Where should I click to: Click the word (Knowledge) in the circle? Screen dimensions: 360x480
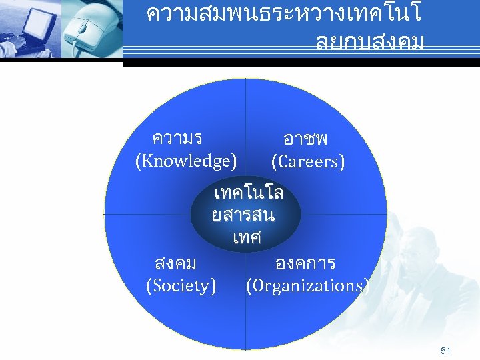(185, 161)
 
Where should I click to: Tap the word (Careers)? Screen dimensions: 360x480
(308, 161)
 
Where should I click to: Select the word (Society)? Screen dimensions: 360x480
(181, 286)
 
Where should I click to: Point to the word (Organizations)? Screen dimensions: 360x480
(307, 286)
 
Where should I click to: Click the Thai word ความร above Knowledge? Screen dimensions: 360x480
(177, 139)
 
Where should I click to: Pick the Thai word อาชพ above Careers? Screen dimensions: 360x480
(305, 139)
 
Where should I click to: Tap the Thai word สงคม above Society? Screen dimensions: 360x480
(175, 263)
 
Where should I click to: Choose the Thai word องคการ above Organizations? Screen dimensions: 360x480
(305, 263)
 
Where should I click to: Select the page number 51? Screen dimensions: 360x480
(446, 350)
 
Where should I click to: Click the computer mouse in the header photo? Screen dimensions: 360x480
(83, 29)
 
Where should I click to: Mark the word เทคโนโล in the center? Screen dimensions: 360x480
(249, 194)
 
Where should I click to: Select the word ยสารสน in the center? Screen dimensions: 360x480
(243, 216)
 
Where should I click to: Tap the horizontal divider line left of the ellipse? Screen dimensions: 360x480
(147, 215)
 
